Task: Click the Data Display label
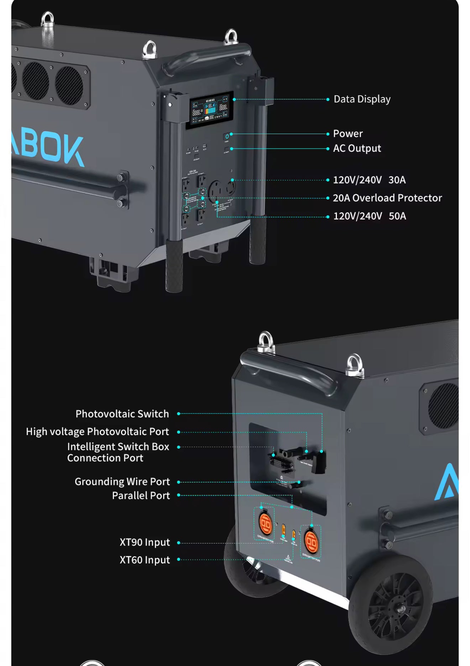(x=362, y=99)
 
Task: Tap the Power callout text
(x=348, y=134)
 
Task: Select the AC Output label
(x=357, y=148)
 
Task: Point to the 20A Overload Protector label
(x=387, y=198)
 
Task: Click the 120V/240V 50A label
(x=369, y=216)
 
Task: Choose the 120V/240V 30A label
(x=369, y=180)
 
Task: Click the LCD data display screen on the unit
(x=210, y=109)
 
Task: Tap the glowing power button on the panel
(x=227, y=136)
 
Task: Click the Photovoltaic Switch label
(x=122, y=414)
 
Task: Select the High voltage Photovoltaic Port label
(x=97, y=432)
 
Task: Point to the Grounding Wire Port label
(x=122, y=481)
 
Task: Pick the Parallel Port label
(x=141, y=495)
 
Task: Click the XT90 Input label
(x=145, y=542)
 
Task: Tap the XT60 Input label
(x=145, y=560)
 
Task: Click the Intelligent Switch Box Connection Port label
(x=117, y=452)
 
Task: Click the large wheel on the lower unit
(x=391, y=604)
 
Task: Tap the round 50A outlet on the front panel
(x=215, y=191)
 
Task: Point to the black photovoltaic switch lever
(x=318, y=462)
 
